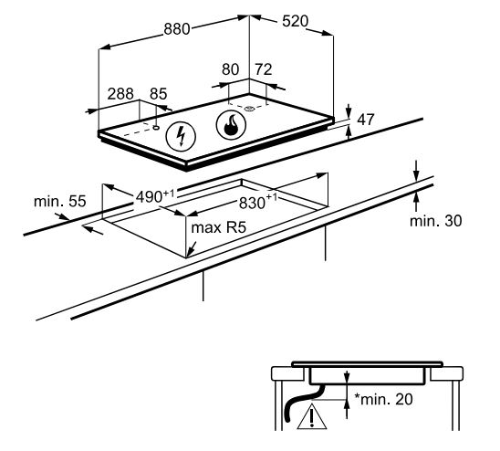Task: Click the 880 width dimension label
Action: pos(177,29)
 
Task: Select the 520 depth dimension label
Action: pos(296,21)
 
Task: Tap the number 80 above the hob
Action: pos(230,69)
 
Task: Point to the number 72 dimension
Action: pos(264,69)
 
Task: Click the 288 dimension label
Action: pos(120,94)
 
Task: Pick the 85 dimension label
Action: pos(159,94)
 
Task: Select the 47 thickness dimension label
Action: pos(366,120)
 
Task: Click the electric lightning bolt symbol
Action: pos(181,136)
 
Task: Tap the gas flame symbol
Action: pos(231,125)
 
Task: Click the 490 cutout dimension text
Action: pos(155,196)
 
